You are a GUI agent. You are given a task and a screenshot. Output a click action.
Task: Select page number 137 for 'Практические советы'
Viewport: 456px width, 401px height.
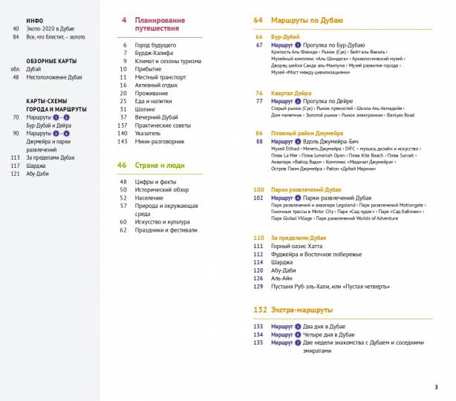click(123, 125)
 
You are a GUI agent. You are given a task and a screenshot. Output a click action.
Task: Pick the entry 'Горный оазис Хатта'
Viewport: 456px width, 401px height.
click(302, 246)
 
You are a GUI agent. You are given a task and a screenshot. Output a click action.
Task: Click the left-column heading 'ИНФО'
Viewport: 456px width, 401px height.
click(34, 21)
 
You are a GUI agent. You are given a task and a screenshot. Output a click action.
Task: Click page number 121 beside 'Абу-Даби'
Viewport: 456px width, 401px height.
click(14, 174)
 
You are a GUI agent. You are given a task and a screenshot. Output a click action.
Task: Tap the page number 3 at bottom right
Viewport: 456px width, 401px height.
click(436, 387)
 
